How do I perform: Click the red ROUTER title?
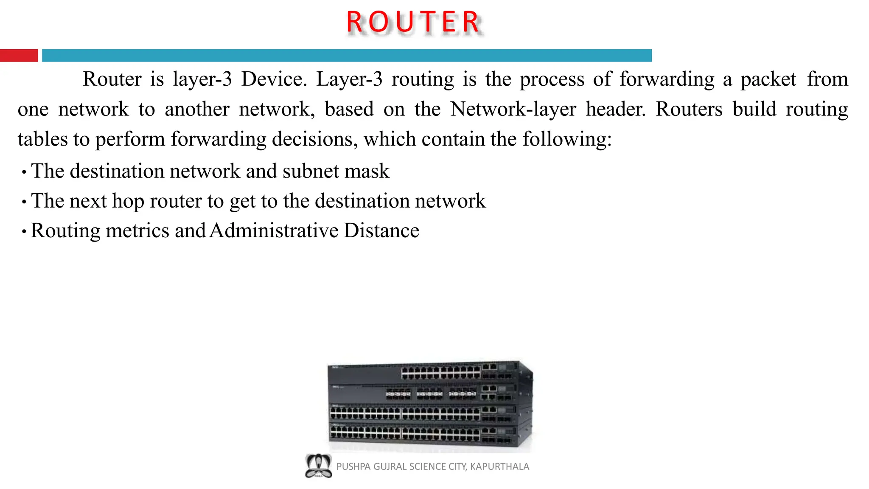coord(414,22)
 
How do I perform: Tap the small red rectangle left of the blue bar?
coord(19,56)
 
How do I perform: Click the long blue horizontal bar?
coord(347,56)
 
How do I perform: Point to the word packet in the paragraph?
coord(768,79)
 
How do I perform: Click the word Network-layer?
coord(513,109)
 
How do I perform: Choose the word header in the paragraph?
coord(615,109)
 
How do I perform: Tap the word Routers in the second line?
coord(689,109)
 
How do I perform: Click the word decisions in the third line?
coord(314,139)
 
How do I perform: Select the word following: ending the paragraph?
coord(567,139)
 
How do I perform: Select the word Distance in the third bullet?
coord(381,231)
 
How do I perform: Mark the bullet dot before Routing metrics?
coord(24,232)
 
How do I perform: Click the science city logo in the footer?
coord(318,466)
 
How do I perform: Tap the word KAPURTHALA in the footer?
coord(499,467)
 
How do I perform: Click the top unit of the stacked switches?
coord(429,372)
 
